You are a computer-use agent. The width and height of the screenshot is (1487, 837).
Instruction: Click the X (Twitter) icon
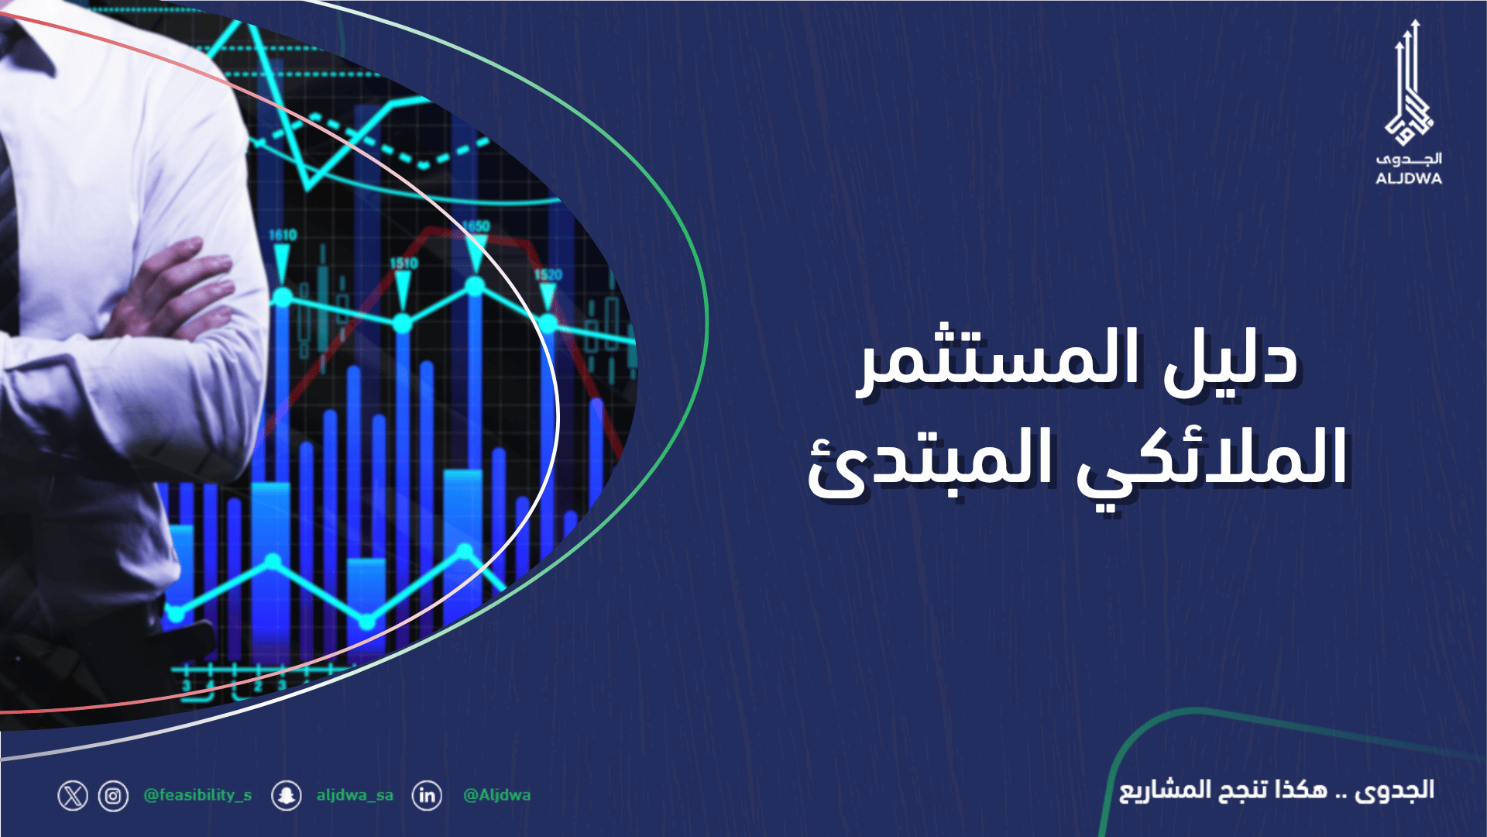coord(73,796)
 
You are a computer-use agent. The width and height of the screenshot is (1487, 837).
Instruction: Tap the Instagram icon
coord(113,796)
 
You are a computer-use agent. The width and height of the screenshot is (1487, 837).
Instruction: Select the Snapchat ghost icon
coord(287,796)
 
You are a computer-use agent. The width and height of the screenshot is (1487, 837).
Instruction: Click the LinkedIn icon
coord(427,796)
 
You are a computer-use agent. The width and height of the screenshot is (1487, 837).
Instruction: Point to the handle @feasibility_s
coord(197,795)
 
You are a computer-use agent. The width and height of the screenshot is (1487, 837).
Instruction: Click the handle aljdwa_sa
coord(355,795)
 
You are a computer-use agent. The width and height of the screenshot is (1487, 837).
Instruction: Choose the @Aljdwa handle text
coord(496,795)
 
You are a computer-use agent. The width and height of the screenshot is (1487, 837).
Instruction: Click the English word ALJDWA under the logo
coord(1409,178)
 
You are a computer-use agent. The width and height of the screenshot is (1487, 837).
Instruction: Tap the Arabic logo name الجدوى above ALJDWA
coord(1409,160)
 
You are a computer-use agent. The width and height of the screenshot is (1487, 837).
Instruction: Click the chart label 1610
coord(283,235)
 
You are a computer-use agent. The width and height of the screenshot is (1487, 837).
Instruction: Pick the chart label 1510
coord(404,263)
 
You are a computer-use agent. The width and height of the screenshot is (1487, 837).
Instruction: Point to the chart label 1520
coord(548,275)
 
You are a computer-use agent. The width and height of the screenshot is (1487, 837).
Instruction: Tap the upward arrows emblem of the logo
coord(1410,85)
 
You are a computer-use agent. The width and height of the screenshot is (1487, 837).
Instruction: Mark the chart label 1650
coord(476,226)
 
